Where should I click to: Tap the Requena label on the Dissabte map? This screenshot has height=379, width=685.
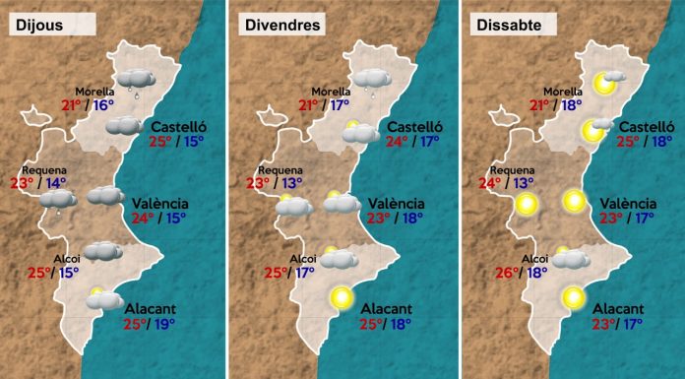pos(517,169)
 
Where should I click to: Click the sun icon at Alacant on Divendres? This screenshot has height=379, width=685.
pos(342,295)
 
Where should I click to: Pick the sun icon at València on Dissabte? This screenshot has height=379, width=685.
pos(574,203)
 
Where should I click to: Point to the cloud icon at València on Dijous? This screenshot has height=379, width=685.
pos(105,197)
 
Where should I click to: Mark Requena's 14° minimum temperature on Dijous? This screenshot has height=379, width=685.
pos(55,182)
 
